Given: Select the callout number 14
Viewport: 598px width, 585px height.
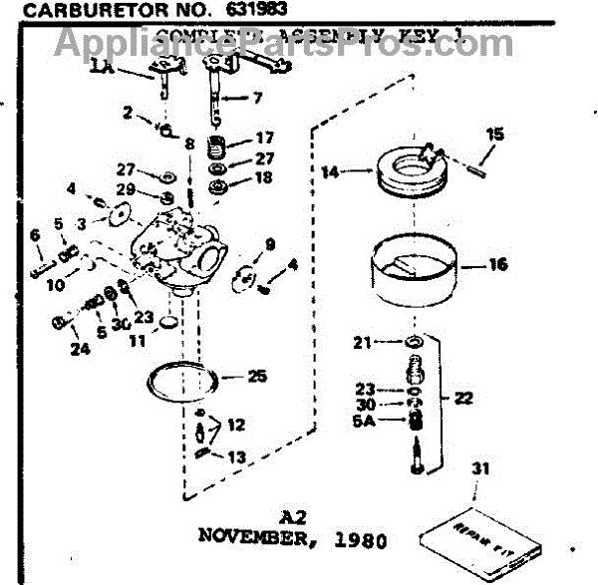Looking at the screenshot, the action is [331, 171].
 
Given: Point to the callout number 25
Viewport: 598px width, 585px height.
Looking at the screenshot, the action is [257, 377].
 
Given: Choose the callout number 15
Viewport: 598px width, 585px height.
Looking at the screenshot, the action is [495, 135].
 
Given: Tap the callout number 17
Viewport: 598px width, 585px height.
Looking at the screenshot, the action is [264, 138].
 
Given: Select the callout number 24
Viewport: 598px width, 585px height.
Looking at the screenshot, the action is [79, 348].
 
